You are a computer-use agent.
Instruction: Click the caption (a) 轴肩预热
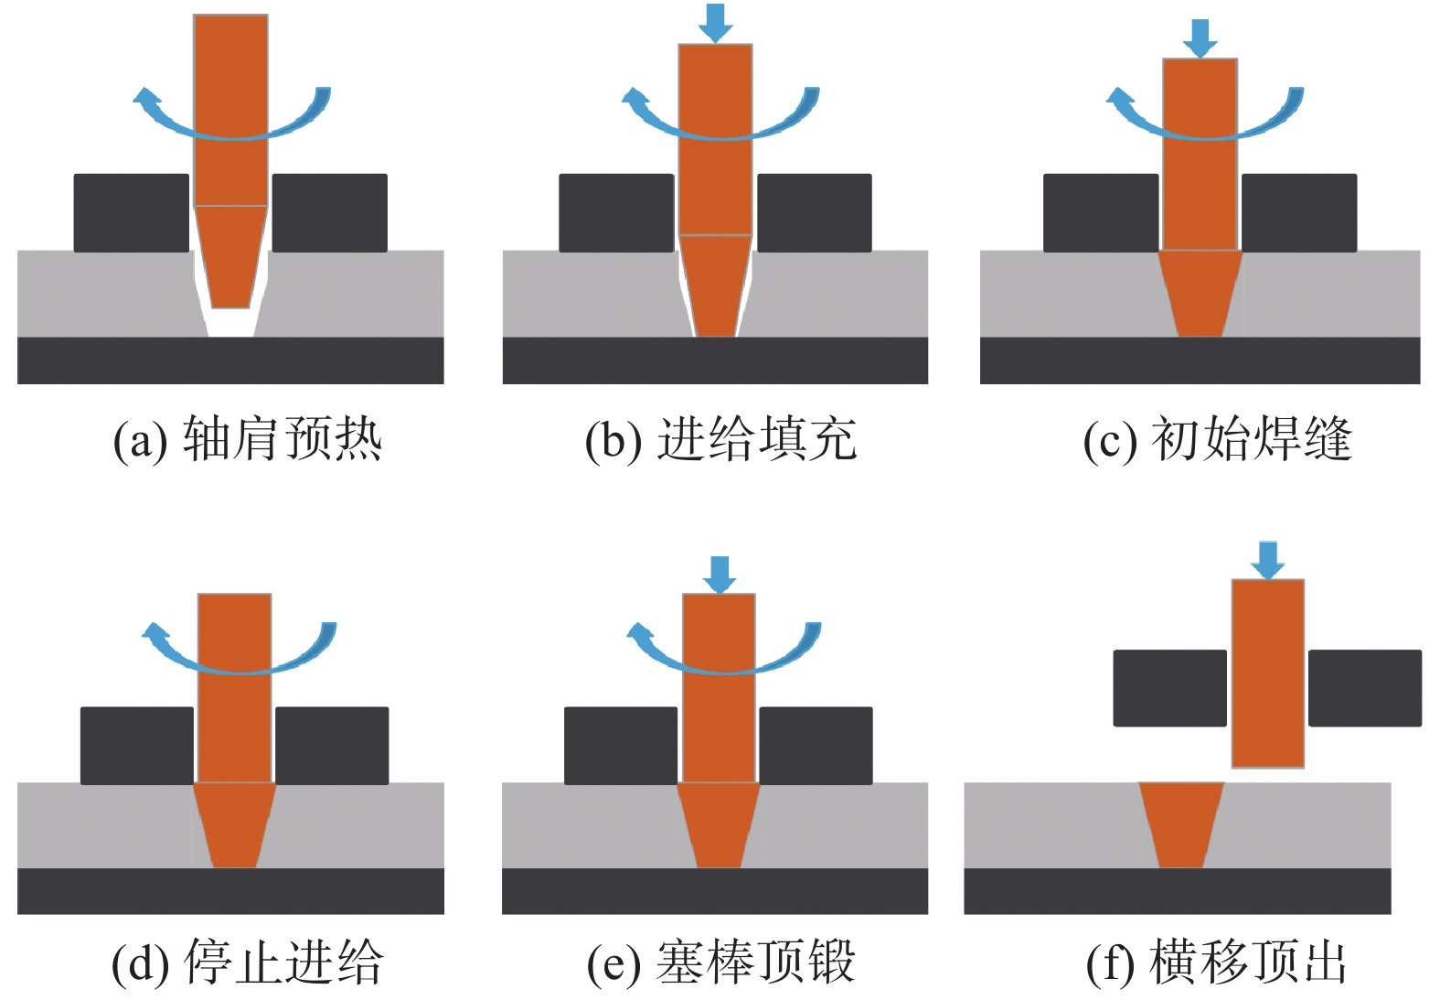coord(247,440)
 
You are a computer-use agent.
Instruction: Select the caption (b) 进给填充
coord(720,440)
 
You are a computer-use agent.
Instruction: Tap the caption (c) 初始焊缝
coord(1217,440)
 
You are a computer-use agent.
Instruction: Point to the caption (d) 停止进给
coord(247,963)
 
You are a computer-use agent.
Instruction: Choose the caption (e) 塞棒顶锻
coord(720,963)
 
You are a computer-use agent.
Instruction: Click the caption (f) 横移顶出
coord(1217,963)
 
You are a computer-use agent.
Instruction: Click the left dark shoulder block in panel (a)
coord(131,212)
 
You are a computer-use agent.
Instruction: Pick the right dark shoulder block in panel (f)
coord(1364,688)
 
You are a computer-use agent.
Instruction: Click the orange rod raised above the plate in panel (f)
coord(1267,672)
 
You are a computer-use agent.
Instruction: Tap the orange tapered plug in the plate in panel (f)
coord(1180,823)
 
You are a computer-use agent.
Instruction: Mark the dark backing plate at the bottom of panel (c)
coord(1200,360)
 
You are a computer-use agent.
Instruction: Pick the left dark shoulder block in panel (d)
coord(137,746)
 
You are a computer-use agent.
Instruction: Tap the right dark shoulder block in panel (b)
coord(814,212)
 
